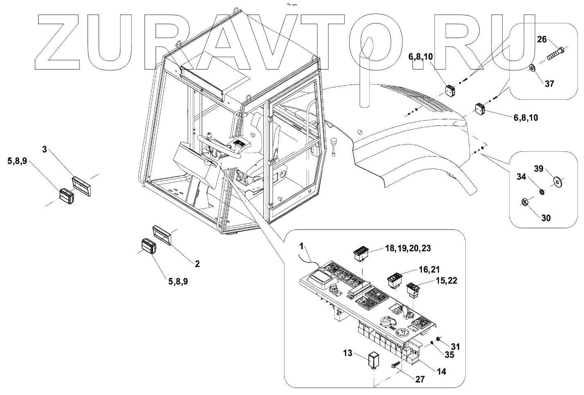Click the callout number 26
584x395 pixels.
(541, 40)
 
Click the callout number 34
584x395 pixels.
(532, 177)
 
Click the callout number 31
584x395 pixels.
(455, 347)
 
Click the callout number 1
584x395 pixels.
(302, 246)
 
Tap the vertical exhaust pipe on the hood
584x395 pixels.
(366, 74)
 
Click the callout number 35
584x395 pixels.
(449, 355)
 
